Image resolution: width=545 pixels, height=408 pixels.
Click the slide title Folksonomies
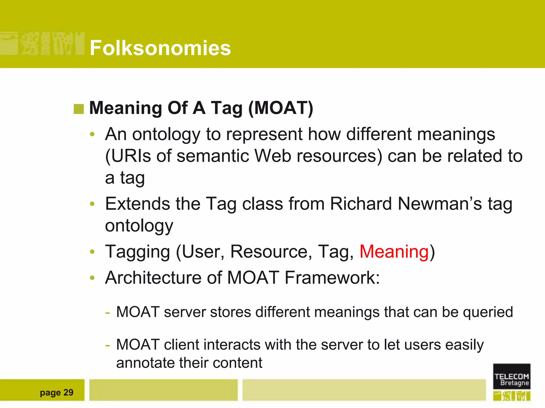[160, 48]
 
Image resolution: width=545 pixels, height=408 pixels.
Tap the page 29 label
[56, 392]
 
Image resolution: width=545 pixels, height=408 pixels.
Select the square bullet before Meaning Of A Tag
[79, 109]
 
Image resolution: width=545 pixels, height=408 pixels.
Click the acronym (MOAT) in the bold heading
[280, 108]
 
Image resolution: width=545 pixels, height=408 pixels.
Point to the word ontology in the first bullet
[166, 134]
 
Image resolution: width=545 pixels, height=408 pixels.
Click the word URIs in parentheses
[131, 156]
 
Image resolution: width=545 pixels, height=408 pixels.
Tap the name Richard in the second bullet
[361, 204]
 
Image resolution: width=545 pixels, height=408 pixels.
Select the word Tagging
[137, 252]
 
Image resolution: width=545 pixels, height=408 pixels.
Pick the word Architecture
[153, 278]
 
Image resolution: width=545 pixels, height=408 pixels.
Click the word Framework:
[332, 278]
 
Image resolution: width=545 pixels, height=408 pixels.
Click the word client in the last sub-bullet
[181, 345]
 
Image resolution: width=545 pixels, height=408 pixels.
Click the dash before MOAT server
[108, 312]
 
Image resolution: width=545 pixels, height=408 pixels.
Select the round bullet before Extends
[92, 204]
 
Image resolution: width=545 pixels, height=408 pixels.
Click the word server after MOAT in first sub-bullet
[185, 312]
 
